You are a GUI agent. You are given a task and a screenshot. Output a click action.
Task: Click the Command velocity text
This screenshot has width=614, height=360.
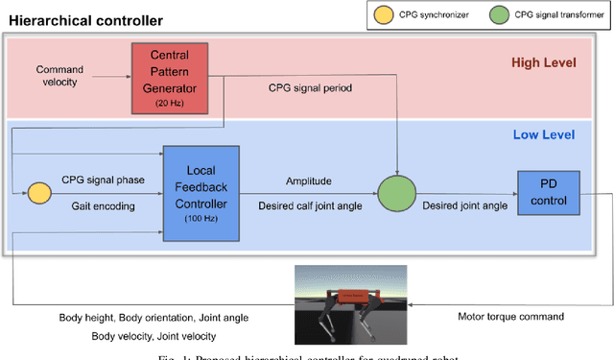60,76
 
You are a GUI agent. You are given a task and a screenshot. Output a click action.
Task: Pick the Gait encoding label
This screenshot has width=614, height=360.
101,205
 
